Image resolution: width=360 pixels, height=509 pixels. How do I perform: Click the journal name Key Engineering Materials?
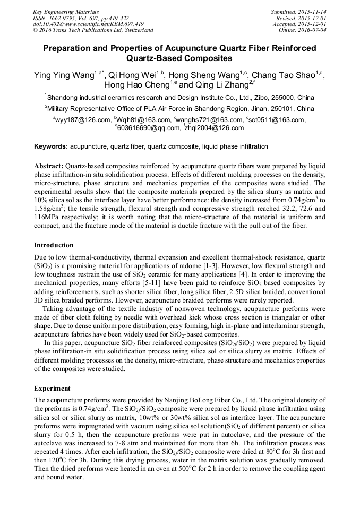(66, 11)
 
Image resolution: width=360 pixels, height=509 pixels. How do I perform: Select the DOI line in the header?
(88, 24)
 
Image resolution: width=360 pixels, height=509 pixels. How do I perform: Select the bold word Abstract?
(49, 166)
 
